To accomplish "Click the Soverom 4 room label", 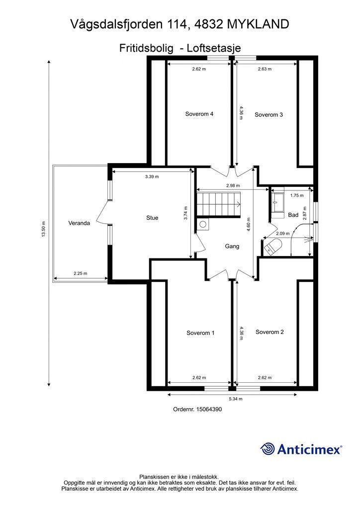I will pyautogui.click(x=199, y=114).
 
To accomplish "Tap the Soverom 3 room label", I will pyautogui.click(x=269, y=115).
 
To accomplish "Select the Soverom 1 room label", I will pyautogui.click(x=200, y=333).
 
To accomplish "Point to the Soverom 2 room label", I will pyautogui.click(x=270, y=332).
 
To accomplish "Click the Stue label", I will pyautogui.click(x=152, y=218).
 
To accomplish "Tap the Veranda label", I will pyautogui.click(x=79, y=223).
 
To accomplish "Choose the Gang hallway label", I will pyautogui.click(x=232, y=246).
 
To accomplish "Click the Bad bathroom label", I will pyautogui.click(x=293, y=215).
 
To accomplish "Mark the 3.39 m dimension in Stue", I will pyautogui.click(x=152, y=176).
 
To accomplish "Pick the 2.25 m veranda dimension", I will pyautogui.click(x=80, y=273).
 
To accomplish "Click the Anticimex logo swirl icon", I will pyautogui.click(x=268, y=449).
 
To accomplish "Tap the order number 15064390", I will pyautogui.click(x=209, y=410).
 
